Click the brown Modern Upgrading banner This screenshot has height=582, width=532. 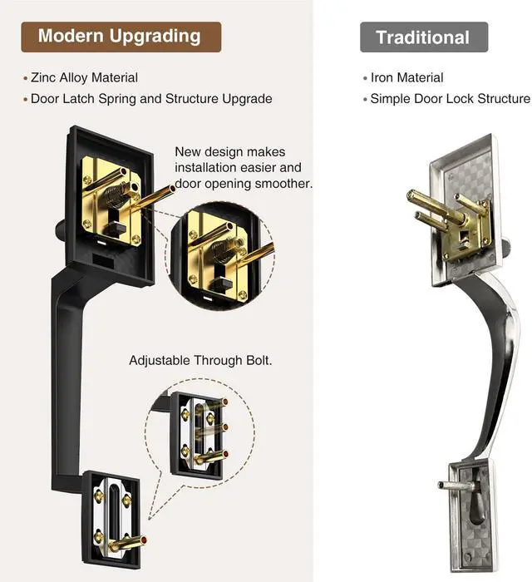pyautogui.click(x=121, y=37)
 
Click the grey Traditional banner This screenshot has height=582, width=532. pyautogui.click(x=424, y=37)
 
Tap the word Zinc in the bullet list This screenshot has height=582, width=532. pyautogui.click(x=43, y=77)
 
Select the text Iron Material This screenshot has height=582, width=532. pyautogui.click(x=406, y=77)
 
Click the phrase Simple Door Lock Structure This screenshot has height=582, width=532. pyautogui.click(x=450, y=99)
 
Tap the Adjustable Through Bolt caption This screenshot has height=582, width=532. pyautogui.click(x=200, y=360)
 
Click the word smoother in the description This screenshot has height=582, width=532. pyautogui.click(x=283, y=184)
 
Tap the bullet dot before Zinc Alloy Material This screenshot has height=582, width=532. pyautogui.click(x=25, y=78)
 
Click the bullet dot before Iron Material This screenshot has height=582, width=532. pyautogui.click(x=365, y=78)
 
